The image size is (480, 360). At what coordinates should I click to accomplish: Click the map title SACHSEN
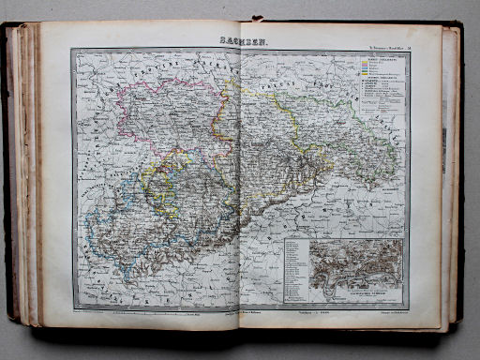click(x=241, y=41)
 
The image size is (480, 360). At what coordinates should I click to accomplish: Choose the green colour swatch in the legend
click(x=363, y=76)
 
